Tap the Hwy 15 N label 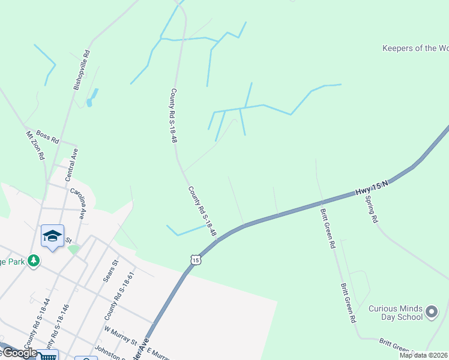pyautogui.click(x=372, y=188)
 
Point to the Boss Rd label pyautogui.click(x=47, y=137)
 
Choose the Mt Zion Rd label pyautogui.click(x=35, y=145)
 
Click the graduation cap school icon pyautogui.click(x=53, y=235)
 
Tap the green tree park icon pyautogui.click(x=35, y=260)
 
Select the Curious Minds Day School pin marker pyautogui.click(x=431, y=311)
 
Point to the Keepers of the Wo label pyautogui.click(x=415, y=48)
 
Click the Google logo pyautogui.click(x=19, y=353)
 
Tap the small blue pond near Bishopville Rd pyautogui.click(x=89, y=103)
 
